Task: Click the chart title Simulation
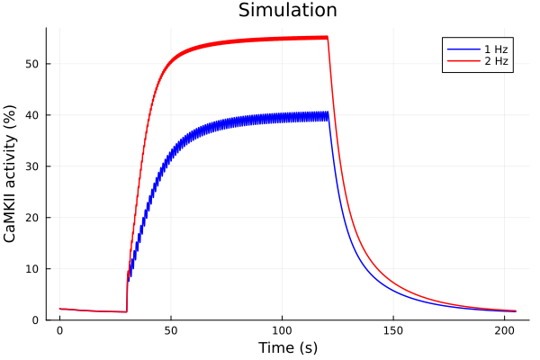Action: pos(287,11)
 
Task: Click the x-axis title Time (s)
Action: pos(287,347)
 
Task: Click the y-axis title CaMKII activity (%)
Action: pos(12,174)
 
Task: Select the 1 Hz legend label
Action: pos(491,49)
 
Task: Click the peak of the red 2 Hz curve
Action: pos(327,37)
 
